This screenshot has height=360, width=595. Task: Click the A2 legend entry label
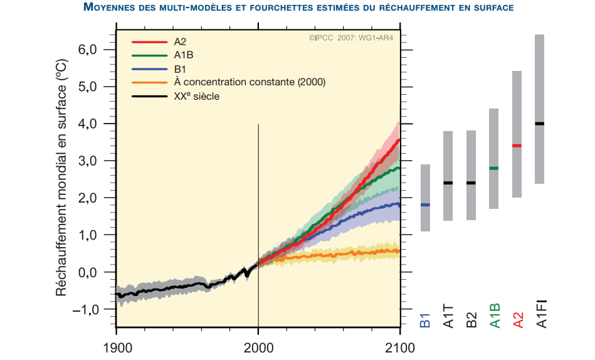pos(180,42)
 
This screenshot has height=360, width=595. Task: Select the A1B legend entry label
pos(183,55)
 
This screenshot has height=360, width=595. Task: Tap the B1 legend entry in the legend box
pos(180,69)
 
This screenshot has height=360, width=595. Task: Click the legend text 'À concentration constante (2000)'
pos(250,83)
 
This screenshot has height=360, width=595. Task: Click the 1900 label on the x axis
pos(117,347)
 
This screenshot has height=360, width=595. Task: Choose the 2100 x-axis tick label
pos(399,347)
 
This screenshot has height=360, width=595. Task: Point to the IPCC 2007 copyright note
pos(351,38)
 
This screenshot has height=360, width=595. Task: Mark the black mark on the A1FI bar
pos(540,124)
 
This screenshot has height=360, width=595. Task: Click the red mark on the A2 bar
pos(517,146)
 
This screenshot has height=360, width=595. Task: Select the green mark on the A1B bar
pos(493,168)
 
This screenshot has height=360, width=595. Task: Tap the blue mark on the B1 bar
pos(425,205)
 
